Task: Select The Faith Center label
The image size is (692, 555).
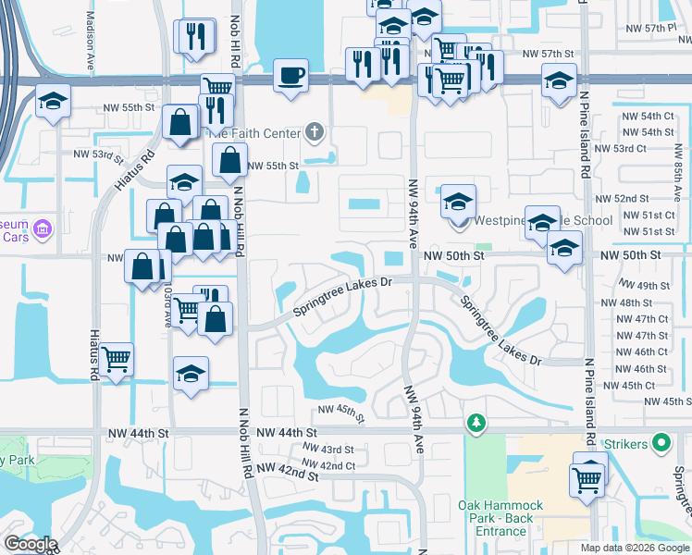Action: point(253,133)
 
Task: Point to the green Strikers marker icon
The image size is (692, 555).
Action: point(661,444)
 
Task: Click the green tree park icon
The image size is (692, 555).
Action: point(476,423)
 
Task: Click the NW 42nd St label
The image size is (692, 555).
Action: point(287,475)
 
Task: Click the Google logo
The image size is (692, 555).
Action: point(31,544)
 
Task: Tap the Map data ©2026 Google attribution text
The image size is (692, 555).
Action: point(634,548)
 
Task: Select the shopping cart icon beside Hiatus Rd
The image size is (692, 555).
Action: point(117,357)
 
